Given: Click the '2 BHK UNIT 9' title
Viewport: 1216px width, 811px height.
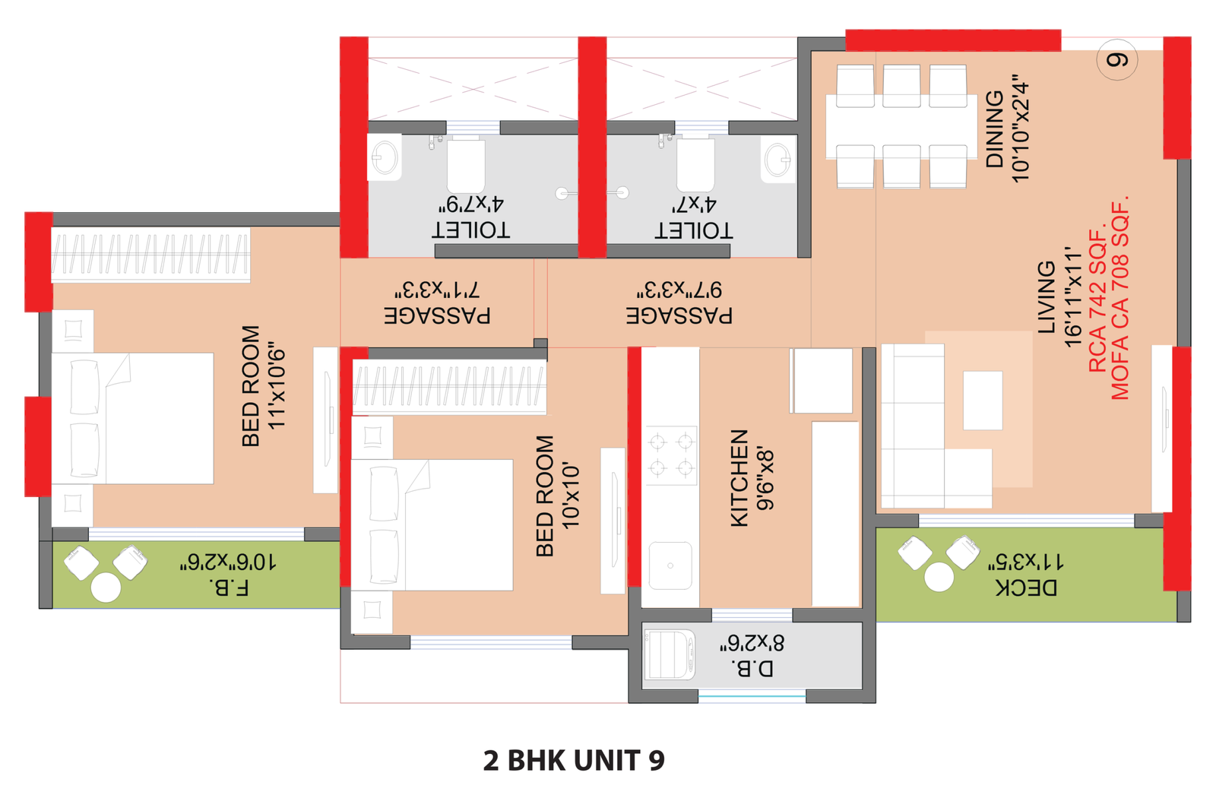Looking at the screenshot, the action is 574,760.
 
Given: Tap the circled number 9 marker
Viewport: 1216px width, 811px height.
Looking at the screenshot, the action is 1116,60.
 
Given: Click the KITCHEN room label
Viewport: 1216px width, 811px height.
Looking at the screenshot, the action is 739,478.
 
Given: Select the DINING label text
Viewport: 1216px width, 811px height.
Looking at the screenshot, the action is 995,128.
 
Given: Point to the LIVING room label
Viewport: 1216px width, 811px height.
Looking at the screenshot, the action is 1047,297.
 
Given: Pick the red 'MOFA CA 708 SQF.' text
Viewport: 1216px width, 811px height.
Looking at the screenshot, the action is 1120,297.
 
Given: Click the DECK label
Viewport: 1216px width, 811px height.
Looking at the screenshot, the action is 1026,588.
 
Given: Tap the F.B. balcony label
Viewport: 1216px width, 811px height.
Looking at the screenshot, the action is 229,588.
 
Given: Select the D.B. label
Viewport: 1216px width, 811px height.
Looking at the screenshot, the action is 752,668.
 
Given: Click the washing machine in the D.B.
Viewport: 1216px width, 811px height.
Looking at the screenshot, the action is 670,654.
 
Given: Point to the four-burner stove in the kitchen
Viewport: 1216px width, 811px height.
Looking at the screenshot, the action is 671,455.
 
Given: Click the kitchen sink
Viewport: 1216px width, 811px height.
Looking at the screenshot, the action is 670,565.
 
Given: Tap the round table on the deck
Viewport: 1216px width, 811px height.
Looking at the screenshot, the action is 939,576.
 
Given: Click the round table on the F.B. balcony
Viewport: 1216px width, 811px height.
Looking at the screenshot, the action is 106,588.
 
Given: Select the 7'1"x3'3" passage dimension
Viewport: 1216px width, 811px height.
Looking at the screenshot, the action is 438,290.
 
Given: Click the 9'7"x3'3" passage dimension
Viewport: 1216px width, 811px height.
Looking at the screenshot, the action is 679,290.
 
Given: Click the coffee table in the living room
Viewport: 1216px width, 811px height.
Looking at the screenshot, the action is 983,401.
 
